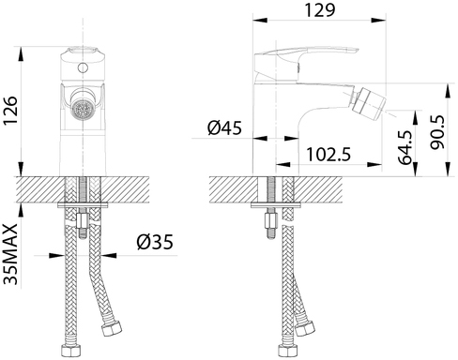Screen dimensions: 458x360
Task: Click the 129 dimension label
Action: pyautogui.click(x=320, y=10)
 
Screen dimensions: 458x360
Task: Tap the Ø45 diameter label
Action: pyautogui.click(x=224, y=127)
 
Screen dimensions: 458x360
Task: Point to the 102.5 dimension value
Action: pyautogui.click(x=328, y=155)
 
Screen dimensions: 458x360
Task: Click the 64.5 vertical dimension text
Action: pyautogui.click(x=405, y=147)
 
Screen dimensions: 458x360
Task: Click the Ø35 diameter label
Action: pyautogui.click(x=155, y=242)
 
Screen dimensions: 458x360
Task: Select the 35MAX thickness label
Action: pyautogui.click(x=10, y=254)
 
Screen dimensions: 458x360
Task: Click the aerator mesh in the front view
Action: pyautogui.click(x=83, y=110)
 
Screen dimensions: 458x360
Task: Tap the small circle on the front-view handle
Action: pyautogui.click(x=83, y=67)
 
